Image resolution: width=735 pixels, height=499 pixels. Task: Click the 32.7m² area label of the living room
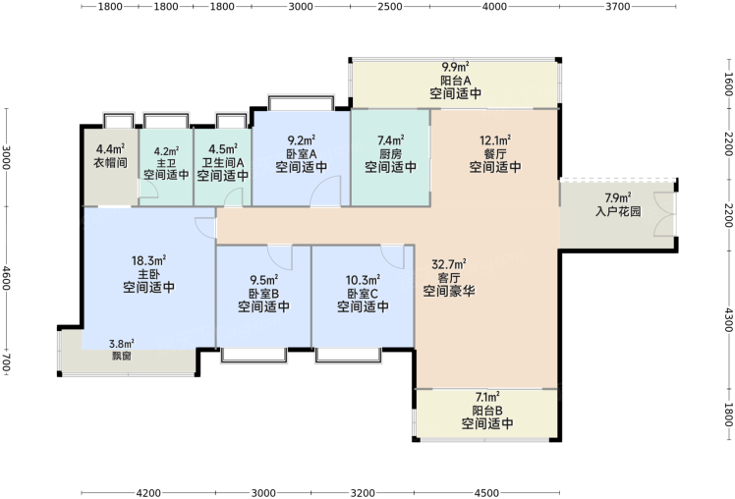pyautogui.click(x=449, y=264)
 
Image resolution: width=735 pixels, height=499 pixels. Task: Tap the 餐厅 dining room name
pyautogui.click(x=495, y=153)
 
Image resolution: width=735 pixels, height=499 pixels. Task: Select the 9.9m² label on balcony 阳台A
pyautogui.click(x=456, y=68)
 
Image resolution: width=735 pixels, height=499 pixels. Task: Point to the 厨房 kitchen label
pyautogui.click(x=391, y=153)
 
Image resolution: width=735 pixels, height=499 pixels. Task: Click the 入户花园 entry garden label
pyautogui.click(x=618, y=211)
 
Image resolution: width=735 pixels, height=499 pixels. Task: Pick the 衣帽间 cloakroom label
pyautogui.click(x=111, y=163)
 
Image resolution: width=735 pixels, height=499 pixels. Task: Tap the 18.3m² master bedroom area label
pyautogui.click(x=148, y=260)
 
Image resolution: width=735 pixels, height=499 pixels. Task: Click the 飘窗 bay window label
pyautogui.click(x=122, y=357)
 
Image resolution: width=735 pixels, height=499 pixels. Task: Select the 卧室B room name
pyautogui.click(x=263, y=294)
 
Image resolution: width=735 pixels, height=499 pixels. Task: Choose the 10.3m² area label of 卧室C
pyautogui.click(x=363, y=280)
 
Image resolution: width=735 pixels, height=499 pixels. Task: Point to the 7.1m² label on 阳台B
pyautogui.click(x=487, y=397)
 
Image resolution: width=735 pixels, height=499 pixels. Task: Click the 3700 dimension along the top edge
pyautogui.click(x=618, y=7)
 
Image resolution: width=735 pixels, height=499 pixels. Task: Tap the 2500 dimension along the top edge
pyautogui.click(x=390, y=7)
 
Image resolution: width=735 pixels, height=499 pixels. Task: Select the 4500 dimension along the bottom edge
pyautogui.click(x=486, y=493)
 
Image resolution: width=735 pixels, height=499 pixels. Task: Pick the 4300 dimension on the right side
pyautogui.click(x=728, y=319)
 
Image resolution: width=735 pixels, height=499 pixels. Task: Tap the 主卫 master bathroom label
pyautogui.click(x=166, y=163)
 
